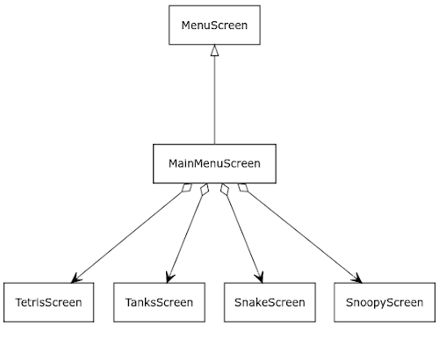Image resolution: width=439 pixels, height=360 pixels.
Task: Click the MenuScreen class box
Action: pos(214,25)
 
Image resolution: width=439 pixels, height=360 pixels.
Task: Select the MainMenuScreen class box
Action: pos(214,163)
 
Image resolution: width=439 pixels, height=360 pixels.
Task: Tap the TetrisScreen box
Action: pos(48,302)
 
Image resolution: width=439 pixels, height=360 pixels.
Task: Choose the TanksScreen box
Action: pos(159,302)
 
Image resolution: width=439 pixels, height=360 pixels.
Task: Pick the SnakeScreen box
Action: pos(270,302)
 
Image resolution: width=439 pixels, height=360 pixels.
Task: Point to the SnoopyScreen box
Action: pos(385,302)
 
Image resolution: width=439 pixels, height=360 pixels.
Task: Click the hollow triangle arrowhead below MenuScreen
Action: pos(214,50)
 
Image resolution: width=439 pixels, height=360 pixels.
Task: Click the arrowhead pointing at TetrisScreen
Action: pos(76,278)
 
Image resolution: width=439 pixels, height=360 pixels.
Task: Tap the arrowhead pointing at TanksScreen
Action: pos(169,277)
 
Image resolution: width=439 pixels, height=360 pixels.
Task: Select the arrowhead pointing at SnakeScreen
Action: pos(259,277)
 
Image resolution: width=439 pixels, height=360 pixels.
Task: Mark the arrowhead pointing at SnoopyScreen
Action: pos(357,278)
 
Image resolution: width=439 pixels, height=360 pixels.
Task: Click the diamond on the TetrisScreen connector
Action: pos(187,188)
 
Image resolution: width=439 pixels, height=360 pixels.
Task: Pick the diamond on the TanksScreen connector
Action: pos(205,189)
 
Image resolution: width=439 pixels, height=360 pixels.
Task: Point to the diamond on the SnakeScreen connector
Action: pos(225,189)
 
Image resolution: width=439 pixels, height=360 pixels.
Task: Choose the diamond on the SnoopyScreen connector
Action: pos(243,188)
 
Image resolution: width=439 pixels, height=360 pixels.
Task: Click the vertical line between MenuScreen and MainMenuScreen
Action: pos(214,100)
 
